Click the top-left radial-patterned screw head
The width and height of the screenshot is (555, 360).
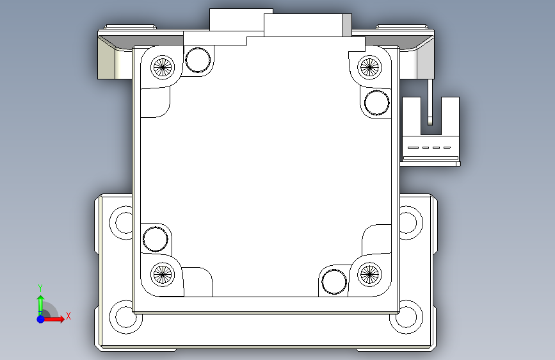coord(163,67)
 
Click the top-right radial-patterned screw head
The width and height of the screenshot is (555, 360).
coord(369,67)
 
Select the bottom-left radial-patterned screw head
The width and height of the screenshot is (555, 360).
coord(163,274)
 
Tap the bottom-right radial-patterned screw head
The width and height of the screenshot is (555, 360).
coord(369,274)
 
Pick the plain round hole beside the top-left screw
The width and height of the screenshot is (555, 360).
coord(198,60)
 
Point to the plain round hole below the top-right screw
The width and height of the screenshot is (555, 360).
coord(376,102)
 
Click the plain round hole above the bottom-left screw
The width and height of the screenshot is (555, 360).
coord(156,239)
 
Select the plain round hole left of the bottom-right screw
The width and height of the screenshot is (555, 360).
coord(334,282)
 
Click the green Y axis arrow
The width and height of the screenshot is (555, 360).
coord(41,305)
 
